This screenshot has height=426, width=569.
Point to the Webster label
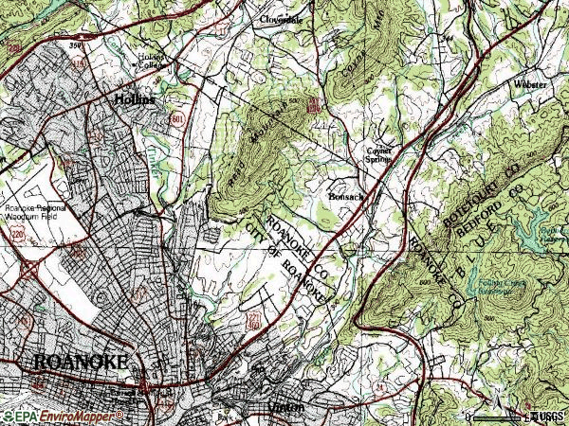coord(529,85)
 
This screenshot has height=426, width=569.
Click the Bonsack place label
coord(345,196)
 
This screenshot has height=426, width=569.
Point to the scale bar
coord(498,417)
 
